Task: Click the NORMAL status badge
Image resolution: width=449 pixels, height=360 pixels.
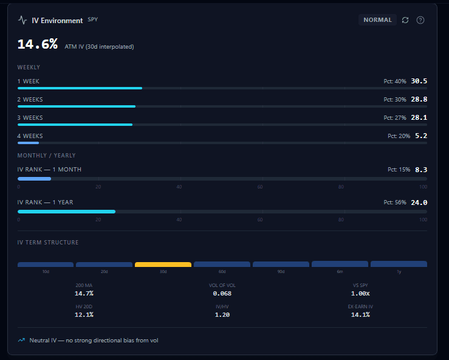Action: point(377,20)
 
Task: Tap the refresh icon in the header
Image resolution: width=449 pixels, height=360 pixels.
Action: point(405,20)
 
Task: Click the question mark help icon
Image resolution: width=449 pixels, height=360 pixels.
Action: point(420,20)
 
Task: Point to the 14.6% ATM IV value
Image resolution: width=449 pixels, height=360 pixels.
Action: point(38,44)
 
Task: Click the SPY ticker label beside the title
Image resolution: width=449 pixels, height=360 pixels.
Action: point(93,19)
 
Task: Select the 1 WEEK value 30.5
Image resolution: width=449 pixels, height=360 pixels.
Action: point(419,81)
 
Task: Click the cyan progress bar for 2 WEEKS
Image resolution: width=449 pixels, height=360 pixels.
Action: point(77,106)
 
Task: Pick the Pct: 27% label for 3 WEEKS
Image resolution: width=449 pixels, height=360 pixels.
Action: point(395,118)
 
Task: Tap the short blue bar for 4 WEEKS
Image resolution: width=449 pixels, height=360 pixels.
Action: point(28,143)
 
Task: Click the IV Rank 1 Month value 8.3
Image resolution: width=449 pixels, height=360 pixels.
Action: point(421,170)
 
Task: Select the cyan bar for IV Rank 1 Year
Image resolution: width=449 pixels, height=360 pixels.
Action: point(66,212)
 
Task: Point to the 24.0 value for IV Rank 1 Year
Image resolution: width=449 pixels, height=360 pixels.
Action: point(419,202)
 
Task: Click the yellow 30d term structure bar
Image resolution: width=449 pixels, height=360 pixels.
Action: point(163,265)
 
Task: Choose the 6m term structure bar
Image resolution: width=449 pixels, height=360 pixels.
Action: point(340,264)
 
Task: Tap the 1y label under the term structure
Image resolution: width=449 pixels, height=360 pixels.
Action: point(399,271)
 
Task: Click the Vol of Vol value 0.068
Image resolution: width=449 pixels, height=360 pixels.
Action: point(222,294)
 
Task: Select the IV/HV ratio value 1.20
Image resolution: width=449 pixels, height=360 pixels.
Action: point(222,315)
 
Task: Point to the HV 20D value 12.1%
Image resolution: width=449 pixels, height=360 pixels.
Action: point(84,315)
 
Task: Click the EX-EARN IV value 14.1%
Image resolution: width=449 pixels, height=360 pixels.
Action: point(360,315)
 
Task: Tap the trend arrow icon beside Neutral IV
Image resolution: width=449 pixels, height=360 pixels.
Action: point(21,340)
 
